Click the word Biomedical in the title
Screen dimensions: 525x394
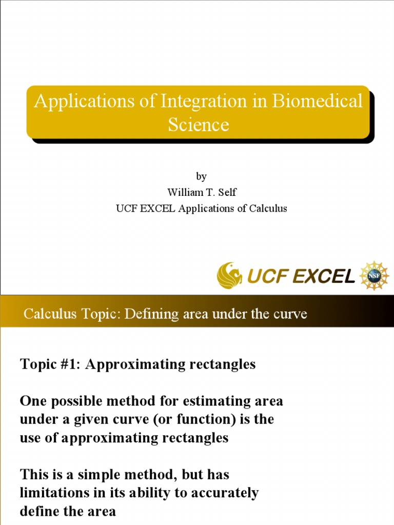317,101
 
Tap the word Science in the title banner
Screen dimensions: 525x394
198,125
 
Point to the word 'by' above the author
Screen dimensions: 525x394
201,176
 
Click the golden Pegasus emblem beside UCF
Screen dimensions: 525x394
230,275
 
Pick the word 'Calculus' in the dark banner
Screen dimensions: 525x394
49,314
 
